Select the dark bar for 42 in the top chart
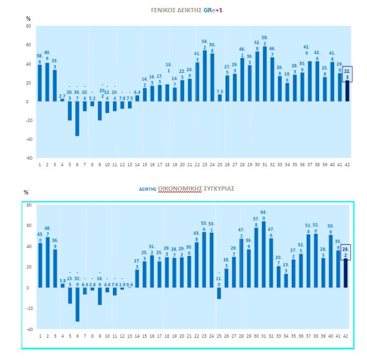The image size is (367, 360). click(347, 91)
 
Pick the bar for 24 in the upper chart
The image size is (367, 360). click(212, 78)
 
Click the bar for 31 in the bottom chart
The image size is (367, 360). click(265, 254)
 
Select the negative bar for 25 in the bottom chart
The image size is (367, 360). click(220, 293)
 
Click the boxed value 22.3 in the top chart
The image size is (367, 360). click(347, 74)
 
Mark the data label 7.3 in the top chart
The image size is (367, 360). click(220, 91)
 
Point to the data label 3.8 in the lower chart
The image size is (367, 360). click(62, 280)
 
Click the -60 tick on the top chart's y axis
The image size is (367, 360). click(28, 158)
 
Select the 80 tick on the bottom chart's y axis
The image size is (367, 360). click(29, 205)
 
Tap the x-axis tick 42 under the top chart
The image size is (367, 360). click(347, 165)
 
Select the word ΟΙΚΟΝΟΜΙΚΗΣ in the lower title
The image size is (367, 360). click(180, 188)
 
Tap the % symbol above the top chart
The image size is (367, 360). click(29, 19)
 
